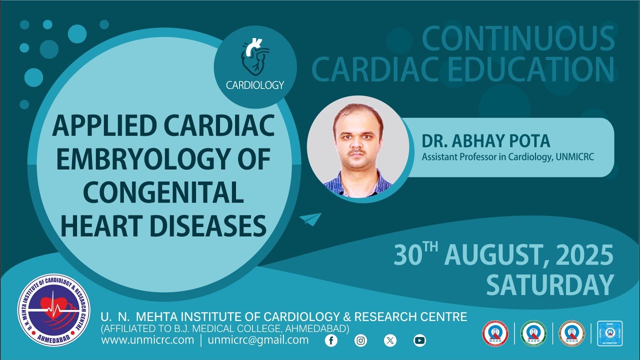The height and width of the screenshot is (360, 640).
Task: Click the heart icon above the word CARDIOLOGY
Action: [x=255, y=57]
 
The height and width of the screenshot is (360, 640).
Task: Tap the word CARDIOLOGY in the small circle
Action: [x=255, y=85]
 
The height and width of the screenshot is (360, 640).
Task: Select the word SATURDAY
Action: [x=550, y=285]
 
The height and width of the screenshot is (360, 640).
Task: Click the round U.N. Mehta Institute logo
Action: [x=54, y=310]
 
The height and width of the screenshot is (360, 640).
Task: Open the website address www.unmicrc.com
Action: [x=147, y=340]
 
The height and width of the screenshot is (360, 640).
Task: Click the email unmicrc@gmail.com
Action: [x=258, y=340]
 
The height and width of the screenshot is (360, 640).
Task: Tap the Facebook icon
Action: [x=331, y=340]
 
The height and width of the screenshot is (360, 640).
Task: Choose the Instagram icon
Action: [x=360, y=340]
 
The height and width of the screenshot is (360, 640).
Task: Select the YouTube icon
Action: [x=419, y=340]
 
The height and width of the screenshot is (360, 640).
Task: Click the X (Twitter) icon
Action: [x=390, y=340]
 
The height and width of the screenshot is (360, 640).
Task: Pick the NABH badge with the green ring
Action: [x=533, y=333]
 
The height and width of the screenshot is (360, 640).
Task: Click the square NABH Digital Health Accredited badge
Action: [x=609, y=333]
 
